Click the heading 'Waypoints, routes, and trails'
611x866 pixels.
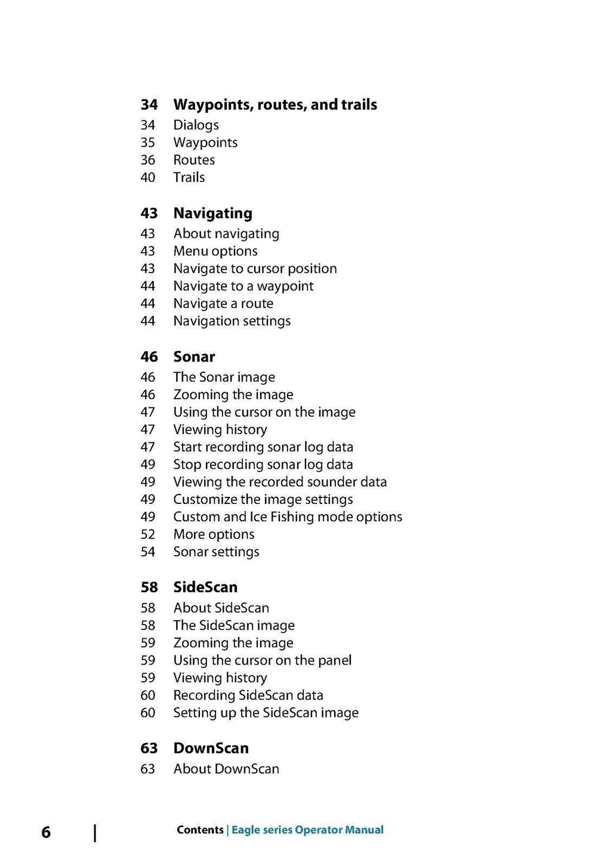pyautogui.click(x=275, y=105)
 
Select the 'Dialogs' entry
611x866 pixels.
pyautogui.click(x=196, y=125)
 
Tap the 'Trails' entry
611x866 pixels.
pyautogui.click(x=189, y=178)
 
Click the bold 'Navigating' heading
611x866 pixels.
pyautogui.click(x=212, y=214)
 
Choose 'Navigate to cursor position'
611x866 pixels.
pyautogui.click(x=255, y=269)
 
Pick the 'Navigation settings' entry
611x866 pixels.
pyautogui.click(x=232, y=321)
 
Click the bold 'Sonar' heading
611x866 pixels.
pyautogui.click(x=194, y=357)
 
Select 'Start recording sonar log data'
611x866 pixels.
pyautogui.click(x=263, y=447)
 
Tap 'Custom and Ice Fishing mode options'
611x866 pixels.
pyautogui.click(x=288, y=517)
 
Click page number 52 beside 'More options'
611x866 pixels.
pyautogui.click(x=148, y=535)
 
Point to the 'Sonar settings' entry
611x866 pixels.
pyautogui.click(x=216, y=552)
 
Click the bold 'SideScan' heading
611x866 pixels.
pyautogui.click(x=205, y=587)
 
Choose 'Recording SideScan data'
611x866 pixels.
pyautogui.click(x=248, y=695)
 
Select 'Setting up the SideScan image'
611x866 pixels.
pyautogui.click(x=266, y=713)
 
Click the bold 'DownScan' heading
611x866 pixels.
pyautogui.click(x=211, y=749)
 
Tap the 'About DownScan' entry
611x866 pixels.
pyautogui.click(x=226, y=769)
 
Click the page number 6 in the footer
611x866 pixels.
pyautogui.click(x=46, y=833)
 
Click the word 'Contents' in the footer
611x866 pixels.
pyautogui.click(x=200, y=830)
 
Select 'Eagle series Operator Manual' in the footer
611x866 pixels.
pyautogui.click(x=307, y=830)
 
